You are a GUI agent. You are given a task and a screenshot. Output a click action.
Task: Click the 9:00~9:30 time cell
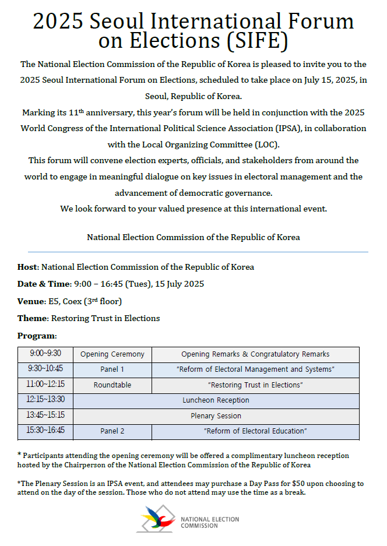pyautogui.click(x=45, y=354)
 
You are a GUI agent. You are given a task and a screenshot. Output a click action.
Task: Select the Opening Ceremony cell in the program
pyautogui.click(x=112, y=354)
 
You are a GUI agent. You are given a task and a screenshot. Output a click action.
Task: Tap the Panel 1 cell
pyautogui.click(x=112, y=369)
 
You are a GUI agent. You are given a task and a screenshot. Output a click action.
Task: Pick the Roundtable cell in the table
pyautogui.click(x=112, y=385)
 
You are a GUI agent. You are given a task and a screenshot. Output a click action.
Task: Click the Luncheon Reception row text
pyautogui.click(x=216, y=400)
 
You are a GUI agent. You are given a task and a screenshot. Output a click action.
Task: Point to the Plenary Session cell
pyautogui.click(x=216, y=416)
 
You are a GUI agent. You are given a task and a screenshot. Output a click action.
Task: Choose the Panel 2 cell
pyautogui.click(x=112, y=431)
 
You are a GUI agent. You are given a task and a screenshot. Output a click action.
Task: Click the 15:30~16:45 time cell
pyautogui.click(x=45, y=431)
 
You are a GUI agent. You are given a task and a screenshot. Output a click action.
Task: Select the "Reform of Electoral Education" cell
pyautogui.click(x=255, y=431)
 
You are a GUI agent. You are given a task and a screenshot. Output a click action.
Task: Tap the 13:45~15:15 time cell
pyautogui.click(x=45, y=415)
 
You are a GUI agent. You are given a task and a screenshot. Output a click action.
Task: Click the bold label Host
pyautogui.click(x=27, y=267)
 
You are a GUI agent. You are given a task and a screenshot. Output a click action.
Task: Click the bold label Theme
pyautogui.click(x=32, y=319)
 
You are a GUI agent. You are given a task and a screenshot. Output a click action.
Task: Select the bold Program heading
pyautogui.click(x=37, y=336)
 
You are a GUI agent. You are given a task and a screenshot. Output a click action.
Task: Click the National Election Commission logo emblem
pyautogui.click(x=156, y=518)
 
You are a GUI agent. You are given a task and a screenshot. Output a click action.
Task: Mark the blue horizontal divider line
pyautogui.click(x=193, y=252)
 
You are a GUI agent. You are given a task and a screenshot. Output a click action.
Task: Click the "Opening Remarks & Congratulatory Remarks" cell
pyautogui.click(x=255, y=354)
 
